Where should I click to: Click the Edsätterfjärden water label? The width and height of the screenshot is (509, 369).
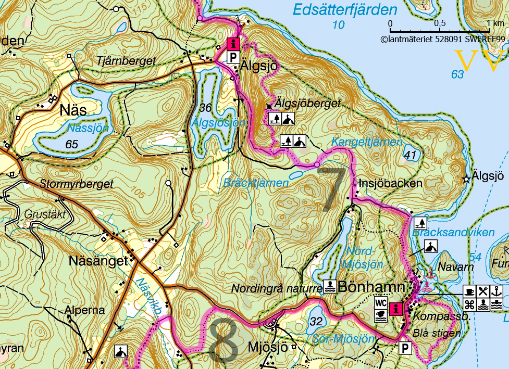344,9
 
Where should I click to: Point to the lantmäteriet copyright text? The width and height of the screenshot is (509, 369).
443,38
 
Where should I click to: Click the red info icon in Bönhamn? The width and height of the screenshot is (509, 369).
397,308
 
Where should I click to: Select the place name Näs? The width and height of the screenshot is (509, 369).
73,110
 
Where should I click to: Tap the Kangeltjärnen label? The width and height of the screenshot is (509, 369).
367,142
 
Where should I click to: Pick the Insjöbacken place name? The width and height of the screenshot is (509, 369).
390,184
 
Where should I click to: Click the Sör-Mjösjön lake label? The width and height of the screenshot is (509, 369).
344,339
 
